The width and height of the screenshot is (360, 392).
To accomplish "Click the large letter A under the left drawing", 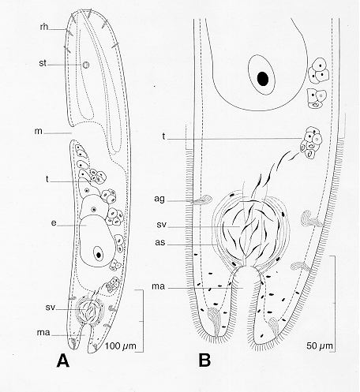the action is [63, 360].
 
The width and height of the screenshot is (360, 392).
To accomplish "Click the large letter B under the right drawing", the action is [204, 360].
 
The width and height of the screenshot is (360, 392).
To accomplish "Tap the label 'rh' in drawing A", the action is [44, 27].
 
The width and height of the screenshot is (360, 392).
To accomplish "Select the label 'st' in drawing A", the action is [43, 63].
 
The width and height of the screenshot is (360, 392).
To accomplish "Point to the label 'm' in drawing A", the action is [39, 131].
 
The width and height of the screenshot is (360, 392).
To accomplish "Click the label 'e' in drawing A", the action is [54, 223].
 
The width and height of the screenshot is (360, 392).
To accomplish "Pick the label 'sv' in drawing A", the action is [50, 307].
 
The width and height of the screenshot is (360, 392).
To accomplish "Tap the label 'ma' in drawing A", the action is [43, 333].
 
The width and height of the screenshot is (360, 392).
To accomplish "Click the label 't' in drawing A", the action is [47, 179].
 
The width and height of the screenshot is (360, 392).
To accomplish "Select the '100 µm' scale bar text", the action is [121, 345].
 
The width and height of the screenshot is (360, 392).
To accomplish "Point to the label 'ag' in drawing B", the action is [159, 200].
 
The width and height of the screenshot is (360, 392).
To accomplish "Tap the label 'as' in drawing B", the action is [160, 242].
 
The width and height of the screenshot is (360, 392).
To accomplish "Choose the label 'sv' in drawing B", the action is [162, 225].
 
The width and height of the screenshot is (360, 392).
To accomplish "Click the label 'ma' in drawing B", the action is [159, 286].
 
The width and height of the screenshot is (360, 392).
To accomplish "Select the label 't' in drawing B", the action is [164, 136].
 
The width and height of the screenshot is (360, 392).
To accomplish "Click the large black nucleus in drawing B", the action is [263, 78].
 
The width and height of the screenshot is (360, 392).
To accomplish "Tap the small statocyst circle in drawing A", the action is [86, 65].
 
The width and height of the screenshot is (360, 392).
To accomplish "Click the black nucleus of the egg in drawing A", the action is [99, 255].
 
